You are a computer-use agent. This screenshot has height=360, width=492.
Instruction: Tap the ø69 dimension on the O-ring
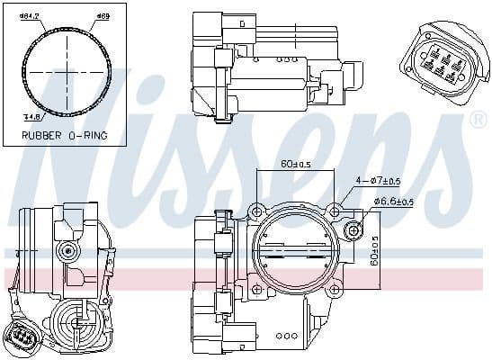(103, 15)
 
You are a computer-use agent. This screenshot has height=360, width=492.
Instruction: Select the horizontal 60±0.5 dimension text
(295, 165)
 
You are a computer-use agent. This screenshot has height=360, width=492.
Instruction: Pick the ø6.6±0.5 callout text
(394, 201)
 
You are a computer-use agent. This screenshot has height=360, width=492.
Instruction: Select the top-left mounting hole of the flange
(257, 211)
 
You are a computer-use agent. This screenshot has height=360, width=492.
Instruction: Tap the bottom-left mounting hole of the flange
(257, 289)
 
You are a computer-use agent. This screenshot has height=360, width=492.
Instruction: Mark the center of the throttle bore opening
(295, 249)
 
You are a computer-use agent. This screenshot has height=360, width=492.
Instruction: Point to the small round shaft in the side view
(65, 249)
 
